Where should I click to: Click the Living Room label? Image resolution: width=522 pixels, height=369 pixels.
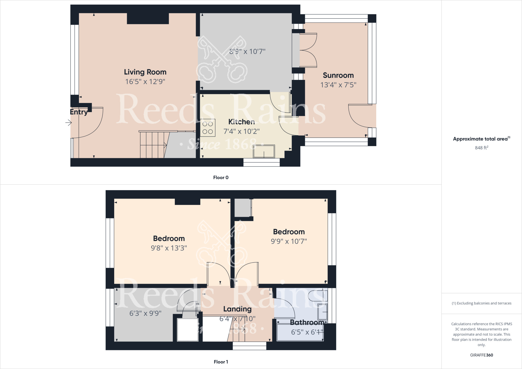point(145,72)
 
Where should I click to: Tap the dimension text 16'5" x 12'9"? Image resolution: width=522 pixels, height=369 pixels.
point(145,82)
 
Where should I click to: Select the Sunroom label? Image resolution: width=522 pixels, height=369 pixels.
point(338,75)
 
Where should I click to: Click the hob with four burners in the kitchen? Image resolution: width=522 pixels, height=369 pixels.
point(207,128)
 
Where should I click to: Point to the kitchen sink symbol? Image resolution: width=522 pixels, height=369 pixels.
point(264,151)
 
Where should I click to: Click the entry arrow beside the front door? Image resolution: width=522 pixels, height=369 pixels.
point(69,123)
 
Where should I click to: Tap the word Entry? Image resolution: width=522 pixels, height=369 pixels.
point(79,112)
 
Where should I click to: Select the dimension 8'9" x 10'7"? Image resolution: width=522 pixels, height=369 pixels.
point(247,51)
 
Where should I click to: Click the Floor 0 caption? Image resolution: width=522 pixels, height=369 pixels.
point(221,178)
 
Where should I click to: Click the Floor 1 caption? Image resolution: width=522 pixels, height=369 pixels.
point(221,362)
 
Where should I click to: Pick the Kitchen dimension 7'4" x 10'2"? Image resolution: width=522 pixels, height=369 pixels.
point(241,131)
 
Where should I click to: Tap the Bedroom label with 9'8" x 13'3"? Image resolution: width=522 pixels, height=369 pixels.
point(169,239)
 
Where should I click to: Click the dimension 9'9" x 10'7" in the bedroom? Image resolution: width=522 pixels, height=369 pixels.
point(289,241)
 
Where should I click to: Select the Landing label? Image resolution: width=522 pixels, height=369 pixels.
point(237,309)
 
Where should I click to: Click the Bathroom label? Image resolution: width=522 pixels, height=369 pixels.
point(307,323)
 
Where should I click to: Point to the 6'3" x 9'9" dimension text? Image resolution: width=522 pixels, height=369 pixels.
point(145,313)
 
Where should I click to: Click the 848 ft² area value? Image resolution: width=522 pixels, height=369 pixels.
point(481,148)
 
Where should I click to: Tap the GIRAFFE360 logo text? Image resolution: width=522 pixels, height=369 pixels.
point(481,355)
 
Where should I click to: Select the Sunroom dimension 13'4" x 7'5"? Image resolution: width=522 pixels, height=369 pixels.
point(338,85)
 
